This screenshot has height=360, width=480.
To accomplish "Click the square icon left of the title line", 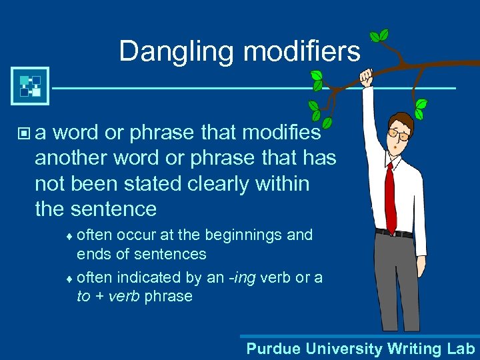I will (x=30, y=86).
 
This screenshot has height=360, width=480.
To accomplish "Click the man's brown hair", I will (x=405, y=120).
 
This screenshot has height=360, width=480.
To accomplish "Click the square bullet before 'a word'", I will (x=25, y=134).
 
